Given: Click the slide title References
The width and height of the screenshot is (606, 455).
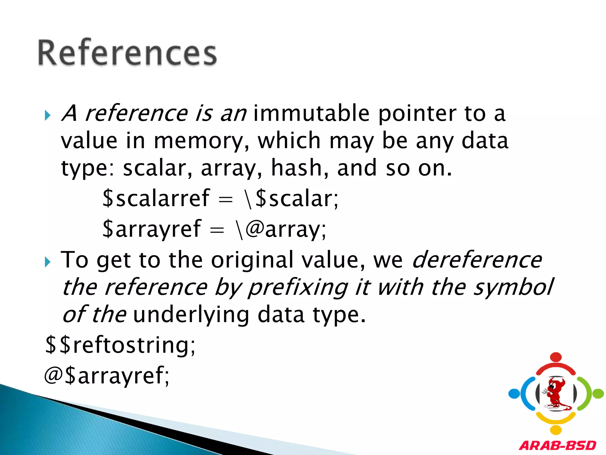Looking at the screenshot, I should click(127, 53).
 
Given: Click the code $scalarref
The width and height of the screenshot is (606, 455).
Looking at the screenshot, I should click(156, 198).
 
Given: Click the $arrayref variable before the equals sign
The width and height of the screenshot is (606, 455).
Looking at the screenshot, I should click(152, 229).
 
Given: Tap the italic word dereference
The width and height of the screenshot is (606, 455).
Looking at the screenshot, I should click(477, 260).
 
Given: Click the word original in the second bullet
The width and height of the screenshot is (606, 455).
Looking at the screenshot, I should click(252, 260).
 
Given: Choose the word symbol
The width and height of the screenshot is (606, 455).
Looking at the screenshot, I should click(513, 287).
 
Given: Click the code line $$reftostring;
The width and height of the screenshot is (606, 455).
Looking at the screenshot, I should click(120, 345).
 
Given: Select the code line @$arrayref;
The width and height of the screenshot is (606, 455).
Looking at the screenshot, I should click(107, 376).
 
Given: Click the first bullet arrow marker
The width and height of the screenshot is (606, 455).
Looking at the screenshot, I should click(48, 115).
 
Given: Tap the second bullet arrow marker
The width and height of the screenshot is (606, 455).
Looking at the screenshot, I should click(48, 262).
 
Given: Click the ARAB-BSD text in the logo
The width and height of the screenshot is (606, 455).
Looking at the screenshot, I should click(557, 445).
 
